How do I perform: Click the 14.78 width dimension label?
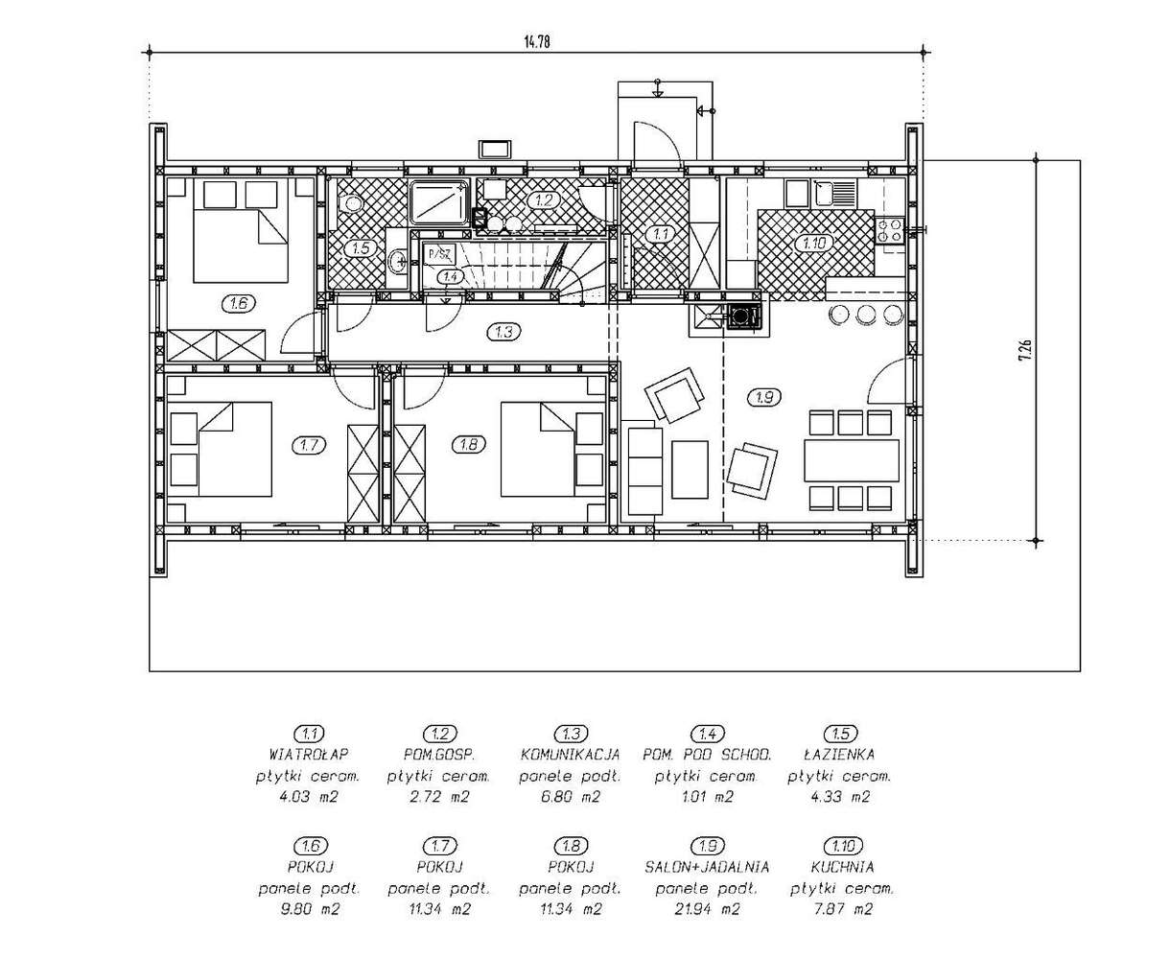pos(536,41)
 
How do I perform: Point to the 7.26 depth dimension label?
pos(1024,350)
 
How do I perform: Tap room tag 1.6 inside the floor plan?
pos(239,303)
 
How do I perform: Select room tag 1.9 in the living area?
pos(764,397)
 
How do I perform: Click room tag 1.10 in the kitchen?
pos(814,243)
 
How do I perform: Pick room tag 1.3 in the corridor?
pos(503,332)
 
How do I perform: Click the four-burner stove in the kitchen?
pos(889,231)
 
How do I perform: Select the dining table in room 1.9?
pos(851,460)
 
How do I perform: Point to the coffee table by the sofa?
pos(690,470)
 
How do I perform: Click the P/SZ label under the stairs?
pos(439,255)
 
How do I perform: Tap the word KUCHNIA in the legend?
pos(842,867)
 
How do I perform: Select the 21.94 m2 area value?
pos(706,909)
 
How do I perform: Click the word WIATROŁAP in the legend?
pos(309,755)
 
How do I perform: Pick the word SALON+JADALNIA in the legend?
pos(707,867)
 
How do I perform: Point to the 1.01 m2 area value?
pos(708,797)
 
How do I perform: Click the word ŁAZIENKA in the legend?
pos(839,755)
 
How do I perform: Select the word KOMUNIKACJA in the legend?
pos(570,755)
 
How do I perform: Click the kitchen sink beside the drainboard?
pos(822,193)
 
